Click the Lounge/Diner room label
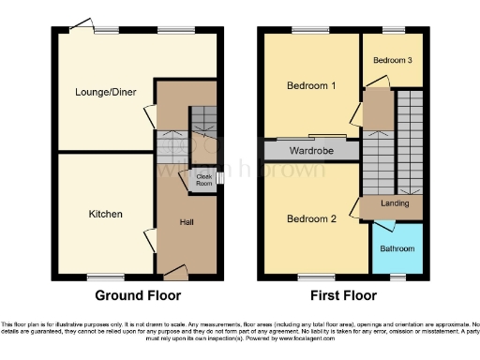(103, 92)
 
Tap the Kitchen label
(105, 215)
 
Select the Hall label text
(187, 222)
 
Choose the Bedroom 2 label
(310, 219)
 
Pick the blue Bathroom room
(397, 248)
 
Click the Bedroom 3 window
(391, 31)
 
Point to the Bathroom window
(397, 277)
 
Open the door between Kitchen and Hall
(147, 239)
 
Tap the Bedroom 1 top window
(304, 31)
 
